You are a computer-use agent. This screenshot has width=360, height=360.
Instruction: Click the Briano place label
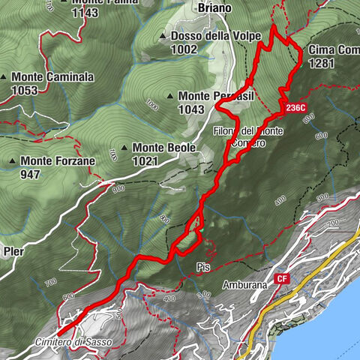214,8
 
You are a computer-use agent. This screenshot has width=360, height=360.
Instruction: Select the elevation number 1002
184,49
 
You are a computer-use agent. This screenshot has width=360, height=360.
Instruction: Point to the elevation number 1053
25,90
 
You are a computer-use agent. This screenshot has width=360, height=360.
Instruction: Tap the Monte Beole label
163,148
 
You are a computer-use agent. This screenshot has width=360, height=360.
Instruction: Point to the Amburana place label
245,285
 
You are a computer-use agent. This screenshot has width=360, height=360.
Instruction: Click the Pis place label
201,266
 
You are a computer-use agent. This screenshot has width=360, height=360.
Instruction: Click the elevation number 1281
320,64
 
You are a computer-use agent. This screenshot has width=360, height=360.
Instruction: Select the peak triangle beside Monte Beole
124,148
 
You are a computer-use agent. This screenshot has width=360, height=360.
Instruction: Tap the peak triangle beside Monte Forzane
13,160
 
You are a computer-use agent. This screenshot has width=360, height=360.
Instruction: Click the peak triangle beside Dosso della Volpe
163,36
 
